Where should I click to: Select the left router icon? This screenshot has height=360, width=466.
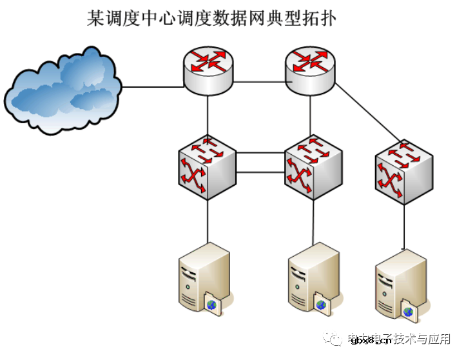(208, 70)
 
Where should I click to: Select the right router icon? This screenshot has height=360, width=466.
(310, 70)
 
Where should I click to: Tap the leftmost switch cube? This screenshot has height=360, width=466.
(207, 166)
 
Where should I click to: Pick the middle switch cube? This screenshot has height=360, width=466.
(313, 166)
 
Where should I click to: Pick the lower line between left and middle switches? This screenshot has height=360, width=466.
(260, 172)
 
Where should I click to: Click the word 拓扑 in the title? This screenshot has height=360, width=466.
(320, 17)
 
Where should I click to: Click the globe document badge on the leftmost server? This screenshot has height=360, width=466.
(213, 303)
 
